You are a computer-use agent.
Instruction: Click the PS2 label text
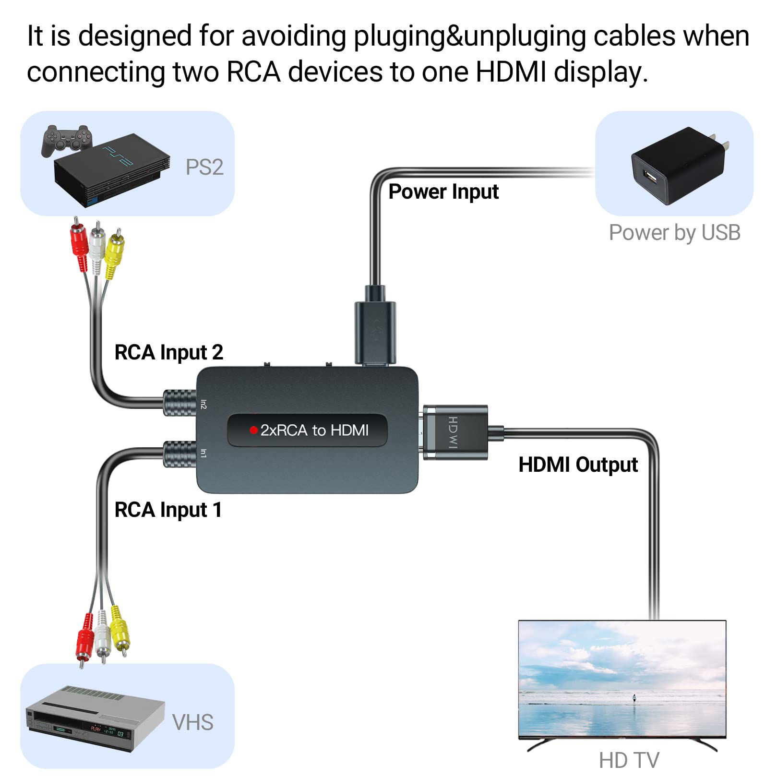204,167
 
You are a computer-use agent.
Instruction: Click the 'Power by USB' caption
674,233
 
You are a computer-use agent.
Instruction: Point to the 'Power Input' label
443,191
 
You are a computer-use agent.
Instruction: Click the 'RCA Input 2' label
168,352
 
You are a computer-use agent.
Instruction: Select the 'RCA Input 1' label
168,510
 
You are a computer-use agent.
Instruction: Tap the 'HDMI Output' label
578,465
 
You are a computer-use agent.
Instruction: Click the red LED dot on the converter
253,430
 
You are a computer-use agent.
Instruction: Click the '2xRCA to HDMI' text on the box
314,430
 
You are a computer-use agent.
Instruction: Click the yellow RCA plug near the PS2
114,254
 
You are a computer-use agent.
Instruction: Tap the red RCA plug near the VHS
85,636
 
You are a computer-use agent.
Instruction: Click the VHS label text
192,722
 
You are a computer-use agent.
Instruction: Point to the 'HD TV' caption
629,760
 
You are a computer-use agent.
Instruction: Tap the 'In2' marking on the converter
203,404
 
